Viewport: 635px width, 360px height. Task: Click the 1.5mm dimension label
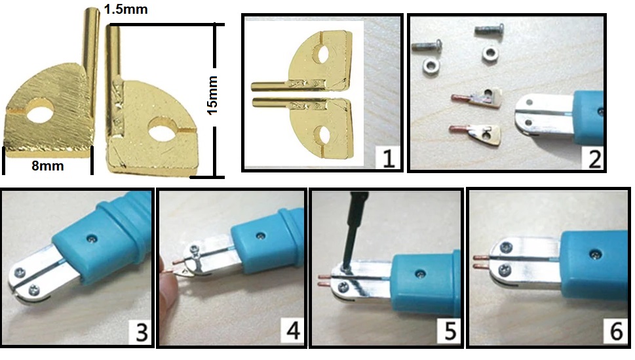point(126,9)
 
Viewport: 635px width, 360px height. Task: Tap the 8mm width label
point(48,166)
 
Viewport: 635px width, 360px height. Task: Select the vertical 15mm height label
point(212,95)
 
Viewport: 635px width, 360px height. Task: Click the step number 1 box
point(388,157)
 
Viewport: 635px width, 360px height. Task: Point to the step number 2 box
point(594,159)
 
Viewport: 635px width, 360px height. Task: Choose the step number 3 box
point(141,332)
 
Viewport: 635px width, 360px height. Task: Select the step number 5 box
point(450,331)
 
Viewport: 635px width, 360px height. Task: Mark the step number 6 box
point(615,332)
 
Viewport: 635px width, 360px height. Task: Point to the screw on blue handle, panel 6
point(594,255)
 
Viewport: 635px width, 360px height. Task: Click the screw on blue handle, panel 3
point(93,239)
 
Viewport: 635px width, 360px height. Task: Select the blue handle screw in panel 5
point(419,274)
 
